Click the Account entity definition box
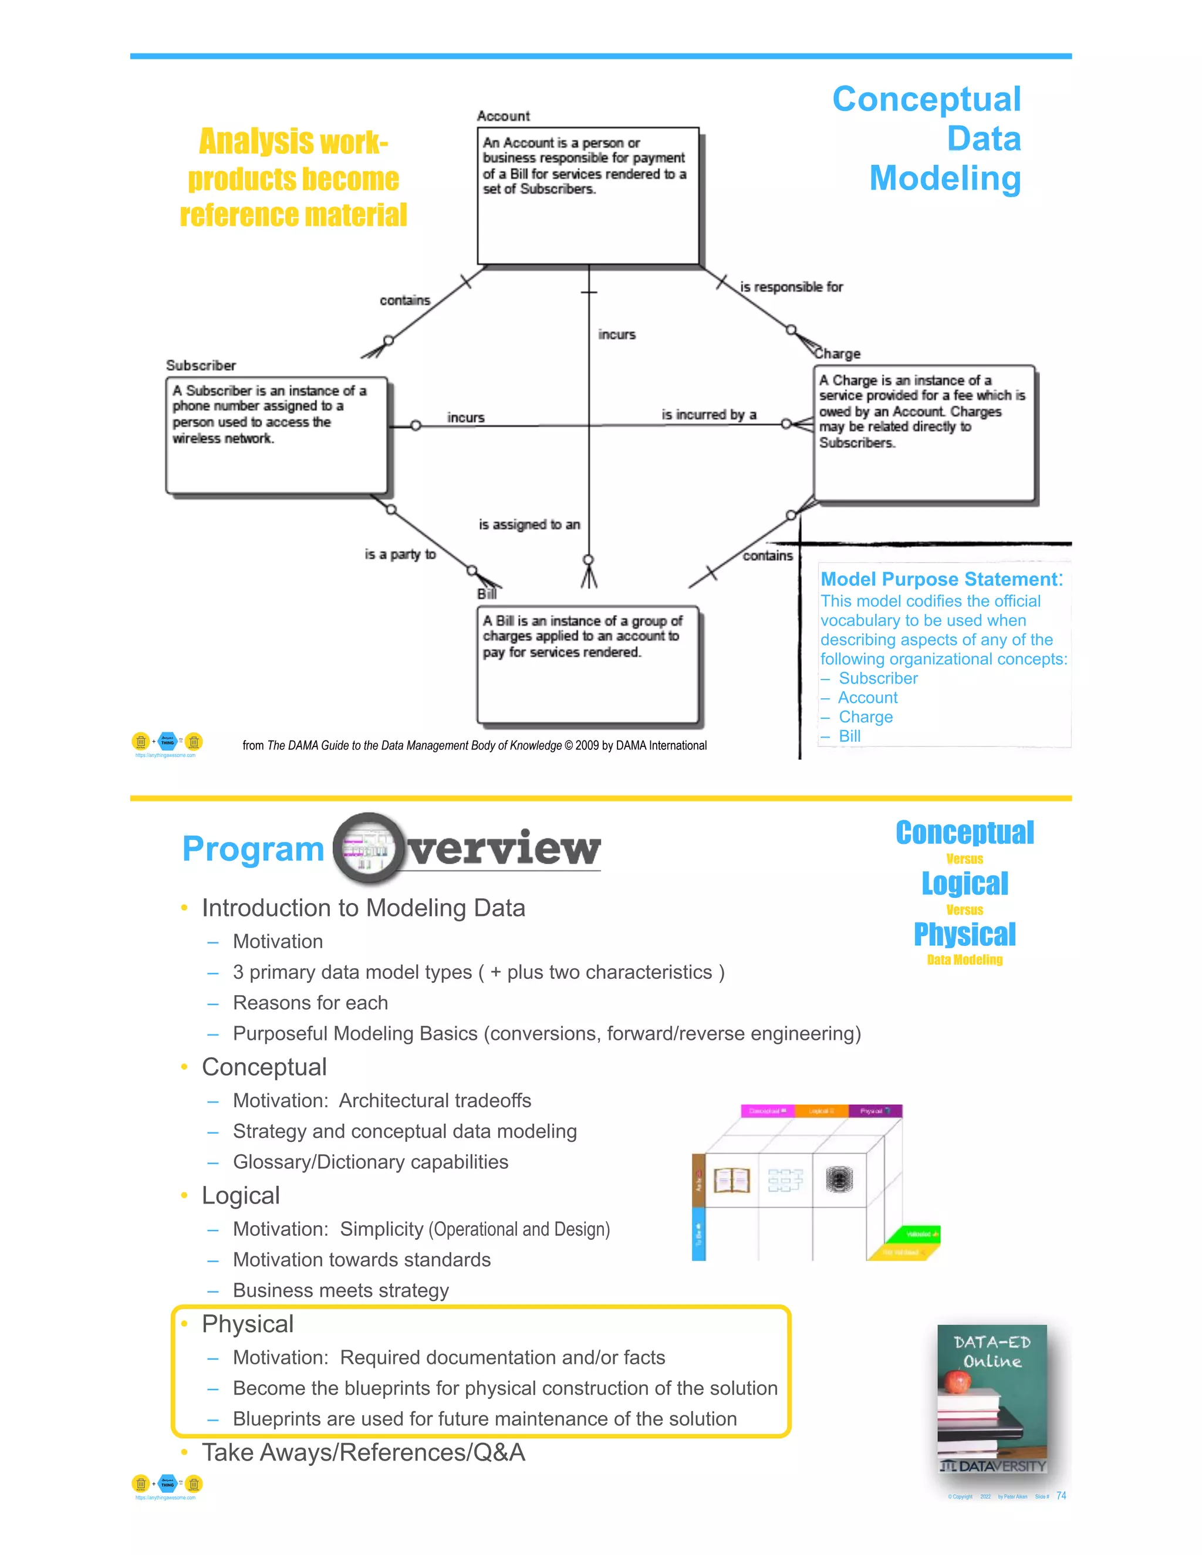(x=588, y=196)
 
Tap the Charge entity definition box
(x=924, y=433)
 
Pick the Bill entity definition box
(x=588, y=664)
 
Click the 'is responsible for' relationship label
(x=791, y=287)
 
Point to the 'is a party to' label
(x=400, y=554)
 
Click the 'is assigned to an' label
(x=529, y=525)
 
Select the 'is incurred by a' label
(x=708, y=414)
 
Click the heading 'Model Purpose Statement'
(x=941, y=579)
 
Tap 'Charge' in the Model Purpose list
(x=865, y=717)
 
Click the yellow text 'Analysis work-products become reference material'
(x=293, y=178)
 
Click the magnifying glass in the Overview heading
(x=367, y=847)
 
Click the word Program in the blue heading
(x=253, y=849)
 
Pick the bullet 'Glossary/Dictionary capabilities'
(x=370, y=1162)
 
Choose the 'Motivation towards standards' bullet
(x=362, y=1259)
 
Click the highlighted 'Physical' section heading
(x=247, y=1324)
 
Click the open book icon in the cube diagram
(x=731, y=1180)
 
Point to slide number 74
(x=1061, y=1496)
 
